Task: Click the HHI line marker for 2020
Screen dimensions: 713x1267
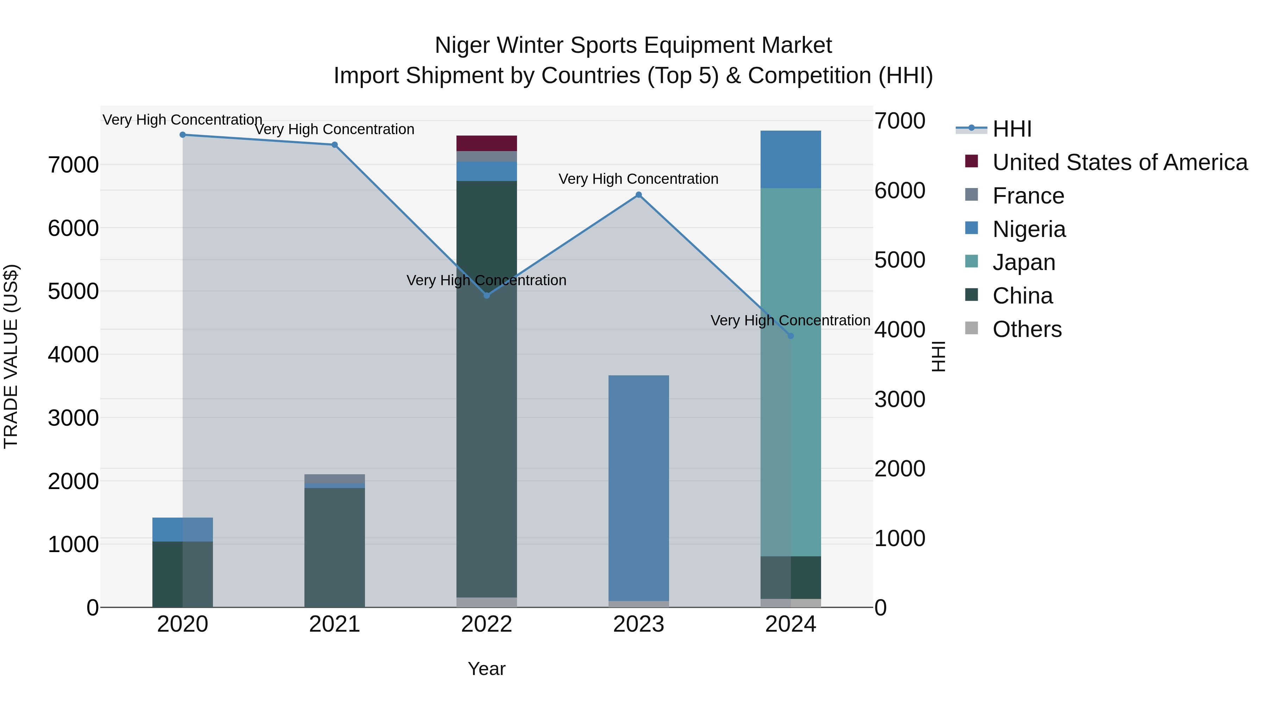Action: click(182, 135)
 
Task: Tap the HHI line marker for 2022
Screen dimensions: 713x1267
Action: click(486, 296)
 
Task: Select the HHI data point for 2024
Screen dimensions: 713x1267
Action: click(790, 336)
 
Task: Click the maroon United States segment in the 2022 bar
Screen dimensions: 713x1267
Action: click(486, 143)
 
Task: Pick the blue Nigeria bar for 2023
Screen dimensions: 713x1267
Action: click(638, 487)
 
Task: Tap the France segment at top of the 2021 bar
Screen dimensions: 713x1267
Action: click(334, 479)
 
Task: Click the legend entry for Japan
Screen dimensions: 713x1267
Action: click(1023, 262)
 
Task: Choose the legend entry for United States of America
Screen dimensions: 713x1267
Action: click(1120, 162)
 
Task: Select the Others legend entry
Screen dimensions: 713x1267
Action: click(1027, 329)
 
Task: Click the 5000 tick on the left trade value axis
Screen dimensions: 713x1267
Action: click(73, 291)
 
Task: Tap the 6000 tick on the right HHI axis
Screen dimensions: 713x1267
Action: click(900, 191)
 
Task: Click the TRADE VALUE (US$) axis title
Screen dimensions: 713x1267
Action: click(11, 356)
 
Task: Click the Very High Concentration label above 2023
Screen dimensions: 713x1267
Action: click(638, 179)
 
